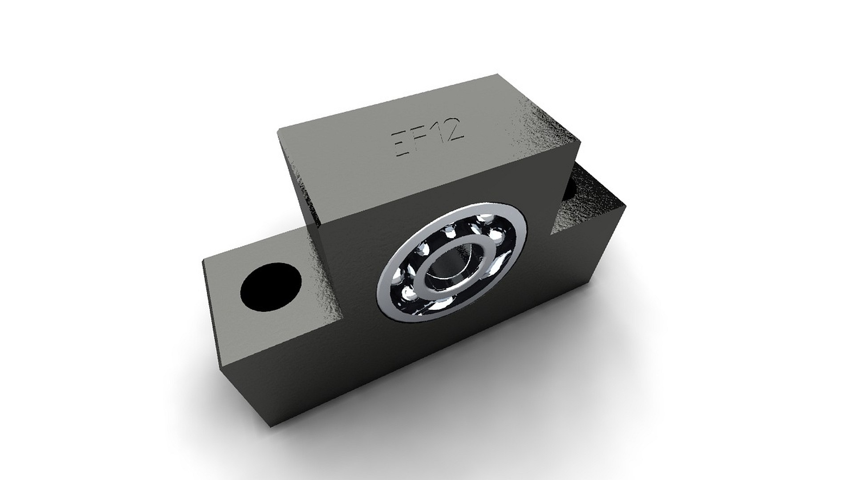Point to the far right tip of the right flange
pos(626,205)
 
